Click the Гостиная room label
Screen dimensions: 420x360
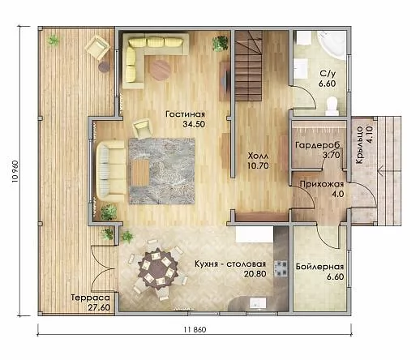point(185,114)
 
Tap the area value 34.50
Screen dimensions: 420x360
point(194,124)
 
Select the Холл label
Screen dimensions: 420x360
point(258,156)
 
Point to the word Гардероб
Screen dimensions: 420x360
point(318,145)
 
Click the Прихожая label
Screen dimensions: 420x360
point(322,184)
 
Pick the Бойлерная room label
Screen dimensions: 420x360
point(319,267)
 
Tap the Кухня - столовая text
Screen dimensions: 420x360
point(230,264)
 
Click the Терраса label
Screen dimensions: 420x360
point(91,298)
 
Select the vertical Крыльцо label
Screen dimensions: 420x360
point(359,149)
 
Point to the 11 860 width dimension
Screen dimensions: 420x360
point(195,329)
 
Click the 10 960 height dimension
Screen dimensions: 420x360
point(15,171)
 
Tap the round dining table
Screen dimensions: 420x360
point(158,270)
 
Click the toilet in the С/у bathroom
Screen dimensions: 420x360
point(332,106)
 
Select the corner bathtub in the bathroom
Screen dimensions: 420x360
point(332,45)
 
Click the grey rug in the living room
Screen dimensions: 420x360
point(162,171)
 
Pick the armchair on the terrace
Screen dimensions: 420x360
point(97,48)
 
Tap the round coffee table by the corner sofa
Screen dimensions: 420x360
point(160,70)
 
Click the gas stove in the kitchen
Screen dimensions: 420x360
point(281,268)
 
